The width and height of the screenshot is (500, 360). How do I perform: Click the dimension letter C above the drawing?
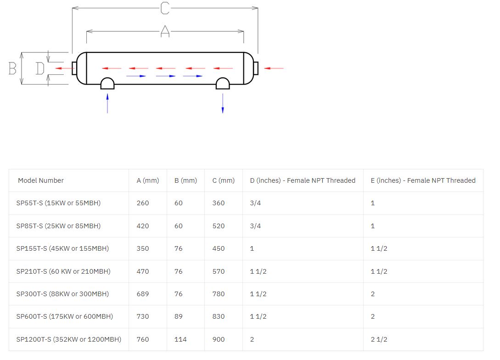click(165, 8)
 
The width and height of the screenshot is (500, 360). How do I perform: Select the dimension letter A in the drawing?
click(165, 31)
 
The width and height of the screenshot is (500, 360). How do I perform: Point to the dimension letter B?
click(12, 68)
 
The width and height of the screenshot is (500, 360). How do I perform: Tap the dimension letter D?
click(40, 68)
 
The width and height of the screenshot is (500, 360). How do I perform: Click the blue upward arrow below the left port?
click(107, 103)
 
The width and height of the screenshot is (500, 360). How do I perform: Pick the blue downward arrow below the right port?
click(223, 103)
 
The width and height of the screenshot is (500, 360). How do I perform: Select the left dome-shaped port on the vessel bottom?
click(107, 83)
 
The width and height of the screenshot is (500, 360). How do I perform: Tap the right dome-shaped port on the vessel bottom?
click(223, 83)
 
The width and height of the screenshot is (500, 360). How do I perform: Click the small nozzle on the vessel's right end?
click(256, 68)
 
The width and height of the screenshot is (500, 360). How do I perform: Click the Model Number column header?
click(41, 180)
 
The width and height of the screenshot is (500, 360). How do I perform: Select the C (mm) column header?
click(224, 180)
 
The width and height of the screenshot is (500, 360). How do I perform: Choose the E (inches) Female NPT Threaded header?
click(423, 180)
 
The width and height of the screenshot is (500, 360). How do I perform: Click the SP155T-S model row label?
click(62, 248)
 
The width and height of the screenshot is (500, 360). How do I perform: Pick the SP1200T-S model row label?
click(69, 339)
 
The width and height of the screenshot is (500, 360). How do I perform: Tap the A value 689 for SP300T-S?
click(143, 294)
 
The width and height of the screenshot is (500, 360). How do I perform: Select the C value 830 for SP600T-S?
click(219, 316)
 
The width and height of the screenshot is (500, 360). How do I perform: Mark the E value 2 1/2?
click(379, 339)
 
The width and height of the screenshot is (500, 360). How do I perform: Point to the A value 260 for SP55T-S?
click(143, 203)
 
